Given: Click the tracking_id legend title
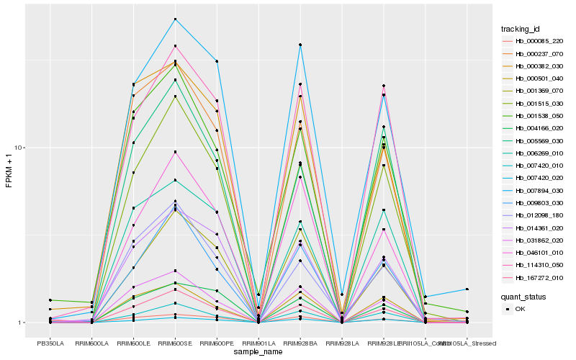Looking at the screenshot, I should coord(521,29).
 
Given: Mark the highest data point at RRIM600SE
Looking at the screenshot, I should coord(175,19).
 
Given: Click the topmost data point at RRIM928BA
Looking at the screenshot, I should coord(300,45).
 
